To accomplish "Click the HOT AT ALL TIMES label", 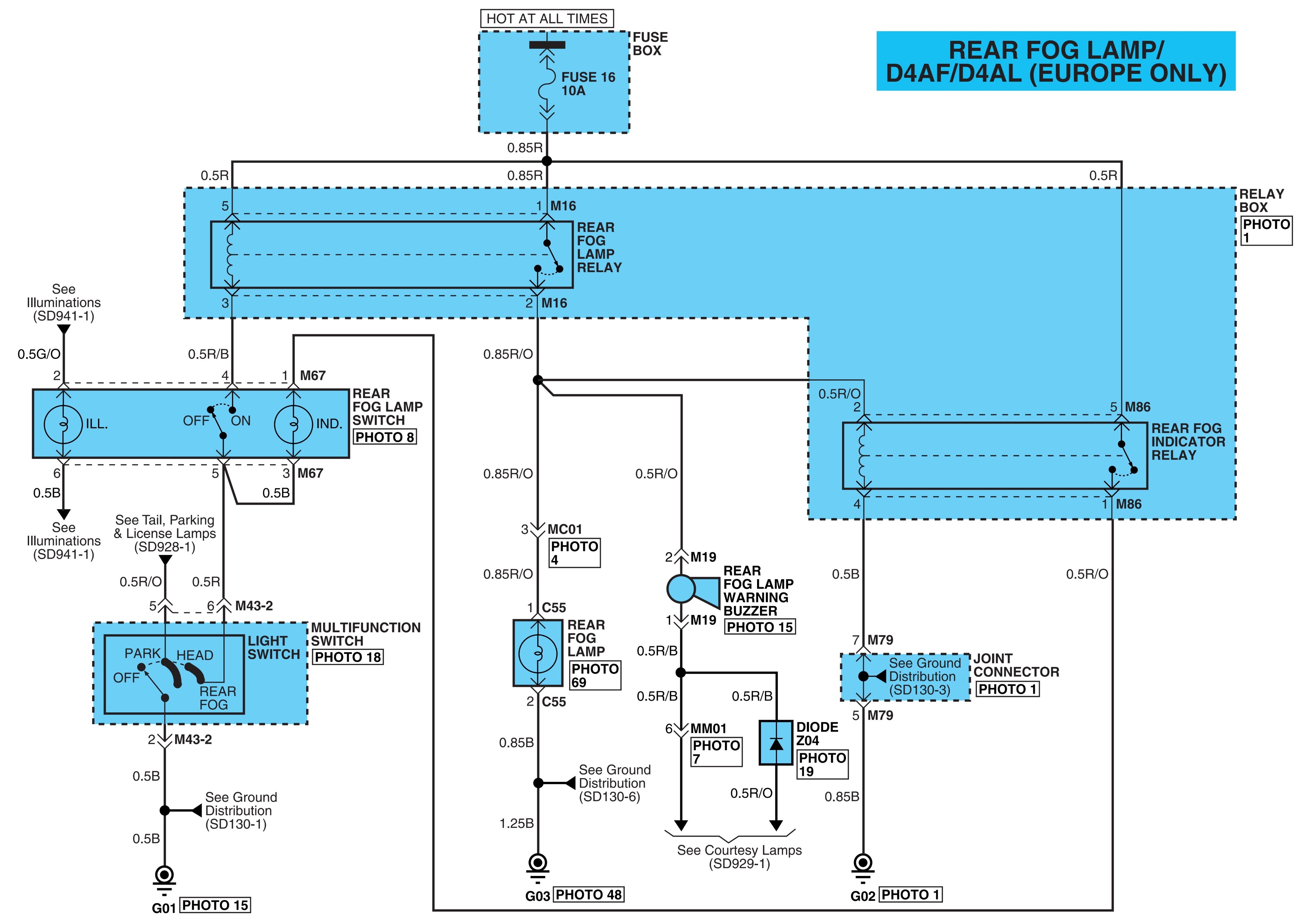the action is (x=546, y=19).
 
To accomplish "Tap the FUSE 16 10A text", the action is (x=588, y=84).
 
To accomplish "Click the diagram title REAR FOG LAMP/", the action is (x=1056, y=50).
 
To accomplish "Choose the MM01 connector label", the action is (x=708, y=729).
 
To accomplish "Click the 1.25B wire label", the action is (x=516, y=823).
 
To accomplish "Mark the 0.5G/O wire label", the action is (x=39, y=354).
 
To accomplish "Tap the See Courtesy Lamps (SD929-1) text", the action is (x=739, y=857).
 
